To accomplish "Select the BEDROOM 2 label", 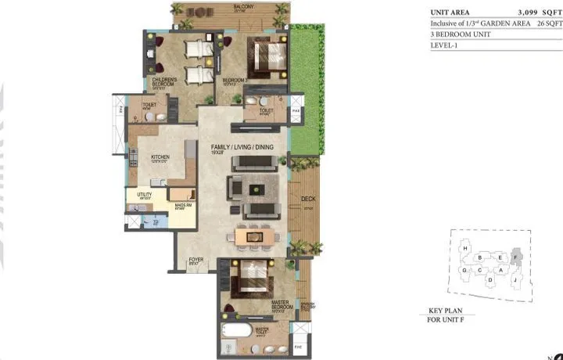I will click(x=235, y=81).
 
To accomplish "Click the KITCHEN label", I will click(x=160, y=157).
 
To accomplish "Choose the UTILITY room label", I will click(x=144, y=196).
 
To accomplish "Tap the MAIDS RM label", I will click(x=179, y=206).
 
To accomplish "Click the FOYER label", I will click(x=195, y=261).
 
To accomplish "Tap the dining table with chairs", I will click(x=254, y=236).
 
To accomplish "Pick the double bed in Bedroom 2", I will click(x=267, y=56).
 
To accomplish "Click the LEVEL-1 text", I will click(x=444, y=46).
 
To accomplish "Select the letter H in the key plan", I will click(x=466, y=249).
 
